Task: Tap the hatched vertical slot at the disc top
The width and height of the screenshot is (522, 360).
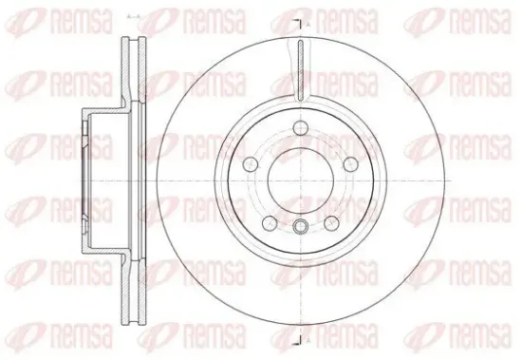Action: click(x=300, y=70)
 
